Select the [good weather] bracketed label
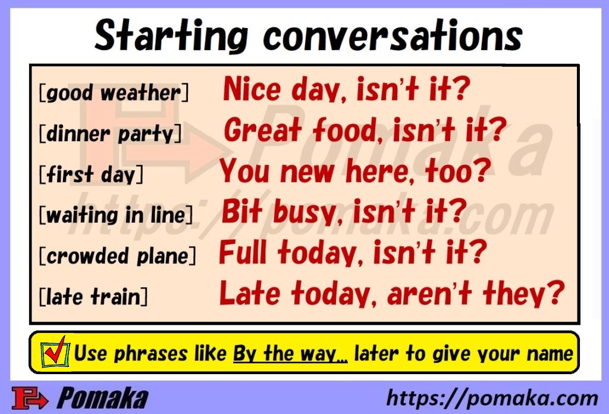tap(113, 94)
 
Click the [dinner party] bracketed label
tap(109, 133)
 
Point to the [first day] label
tap(91, 175)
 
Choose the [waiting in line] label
tap(115, 215)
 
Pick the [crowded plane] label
tap(117, 256)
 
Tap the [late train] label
tap(93, 296)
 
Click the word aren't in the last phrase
tap(425, 293)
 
